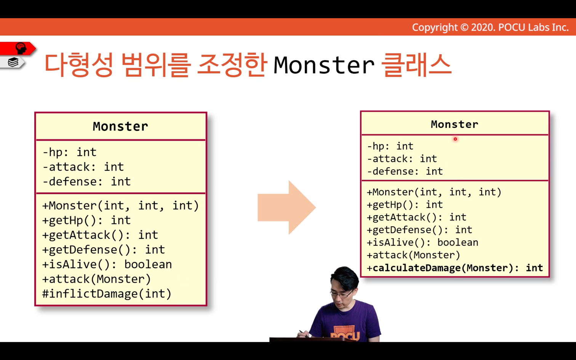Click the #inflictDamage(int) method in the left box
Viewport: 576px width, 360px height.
pos(107,294)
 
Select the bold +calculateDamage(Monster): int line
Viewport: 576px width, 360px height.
pos(454,268)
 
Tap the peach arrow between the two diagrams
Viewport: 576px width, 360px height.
pos(287,207)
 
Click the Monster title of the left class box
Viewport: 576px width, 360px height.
pos(120,126)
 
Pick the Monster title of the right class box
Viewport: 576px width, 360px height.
pos(454,125)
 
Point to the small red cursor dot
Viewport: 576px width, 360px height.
pos(455,139)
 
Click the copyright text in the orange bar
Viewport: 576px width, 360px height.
pos(490,27)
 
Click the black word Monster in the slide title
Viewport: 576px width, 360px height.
pos(324,65)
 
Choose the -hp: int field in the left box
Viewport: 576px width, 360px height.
pos(69,152)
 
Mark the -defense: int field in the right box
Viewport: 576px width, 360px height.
pos(405,171)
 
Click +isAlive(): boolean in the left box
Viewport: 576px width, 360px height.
pos(107,264)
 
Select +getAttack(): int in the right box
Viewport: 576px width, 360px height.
pos(417,217)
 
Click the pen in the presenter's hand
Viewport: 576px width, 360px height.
pos(304,333)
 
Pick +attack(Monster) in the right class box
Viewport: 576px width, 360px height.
pos(413,255)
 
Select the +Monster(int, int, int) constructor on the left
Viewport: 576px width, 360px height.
pos(121,206)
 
